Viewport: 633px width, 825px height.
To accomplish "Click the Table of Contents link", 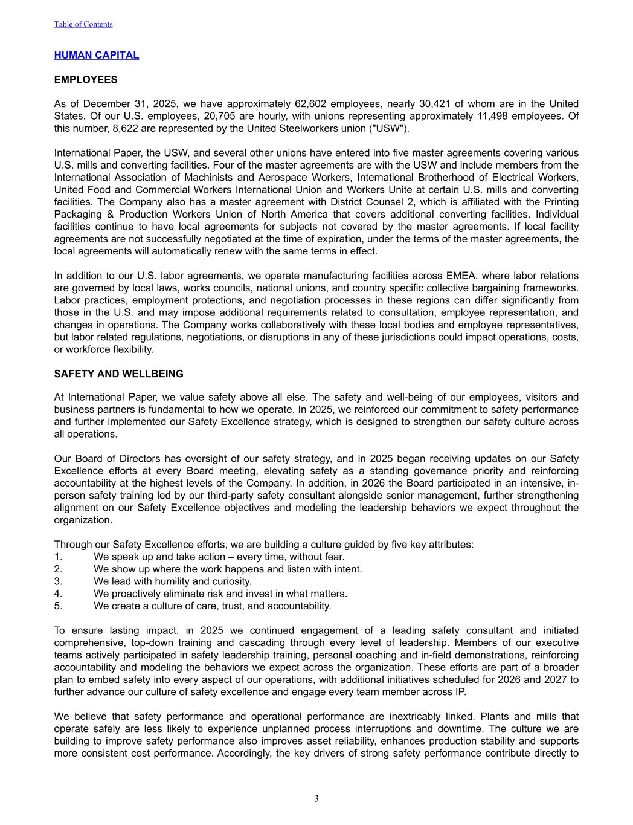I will pyautogui.click(x=83, y=24).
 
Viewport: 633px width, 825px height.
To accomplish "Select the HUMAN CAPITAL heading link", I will pyautogui.click(x=97, y=55).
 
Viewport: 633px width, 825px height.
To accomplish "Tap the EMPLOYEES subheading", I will pyautogui.click(x=86, y=80).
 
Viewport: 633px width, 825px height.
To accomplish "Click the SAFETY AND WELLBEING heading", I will pyautogui.click(x=119, y=374).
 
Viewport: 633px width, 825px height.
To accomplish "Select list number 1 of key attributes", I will pyautogui.click(x=58, y=557).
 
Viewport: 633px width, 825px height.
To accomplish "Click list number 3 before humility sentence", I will pyautogui.click(x=58, y=581).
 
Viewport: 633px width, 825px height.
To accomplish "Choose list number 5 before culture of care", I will pyautogui.click(x=58, y=606).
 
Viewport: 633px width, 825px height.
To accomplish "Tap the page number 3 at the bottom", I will pyautogui.click(x=316, y=799).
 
